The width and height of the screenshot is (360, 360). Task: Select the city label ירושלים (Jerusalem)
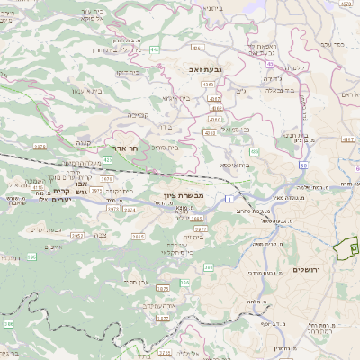307,269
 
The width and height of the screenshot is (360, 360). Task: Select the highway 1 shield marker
230,197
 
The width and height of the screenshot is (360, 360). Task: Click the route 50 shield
303,165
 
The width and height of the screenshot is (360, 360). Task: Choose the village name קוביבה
137,114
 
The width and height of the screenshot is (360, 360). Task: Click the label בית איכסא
236,165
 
